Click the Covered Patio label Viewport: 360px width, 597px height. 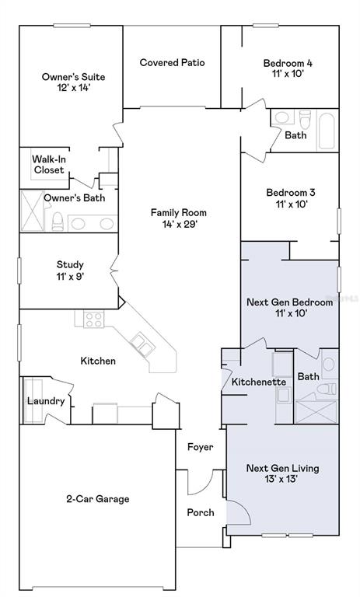tap(172, 62)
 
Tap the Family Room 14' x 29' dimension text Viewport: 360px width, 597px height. tap(179, 224)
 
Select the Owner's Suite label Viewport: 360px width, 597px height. tap(74, 76)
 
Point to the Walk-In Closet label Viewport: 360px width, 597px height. tap(49, 165)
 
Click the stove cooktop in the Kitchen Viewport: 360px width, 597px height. tap(94, 319)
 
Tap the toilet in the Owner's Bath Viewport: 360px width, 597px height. tap(58, 222)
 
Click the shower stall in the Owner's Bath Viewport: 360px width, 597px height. tap(32, 211)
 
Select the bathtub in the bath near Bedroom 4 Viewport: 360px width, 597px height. tap(327, 131)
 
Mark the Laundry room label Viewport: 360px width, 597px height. tap(46, 401)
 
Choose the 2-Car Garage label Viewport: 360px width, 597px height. tap(98, 499)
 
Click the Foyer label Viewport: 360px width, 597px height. tap(201, 447)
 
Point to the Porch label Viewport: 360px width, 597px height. tap(201, 512)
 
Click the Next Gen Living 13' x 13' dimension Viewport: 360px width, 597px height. tap(281, 479)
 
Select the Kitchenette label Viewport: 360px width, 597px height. tap(259, 382)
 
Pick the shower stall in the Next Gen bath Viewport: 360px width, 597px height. tap(316, 411)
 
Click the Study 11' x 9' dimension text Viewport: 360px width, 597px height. tap(70, 277)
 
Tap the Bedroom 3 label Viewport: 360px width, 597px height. tap(291, 192)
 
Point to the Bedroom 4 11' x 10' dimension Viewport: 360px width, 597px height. tap(288, 73)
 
